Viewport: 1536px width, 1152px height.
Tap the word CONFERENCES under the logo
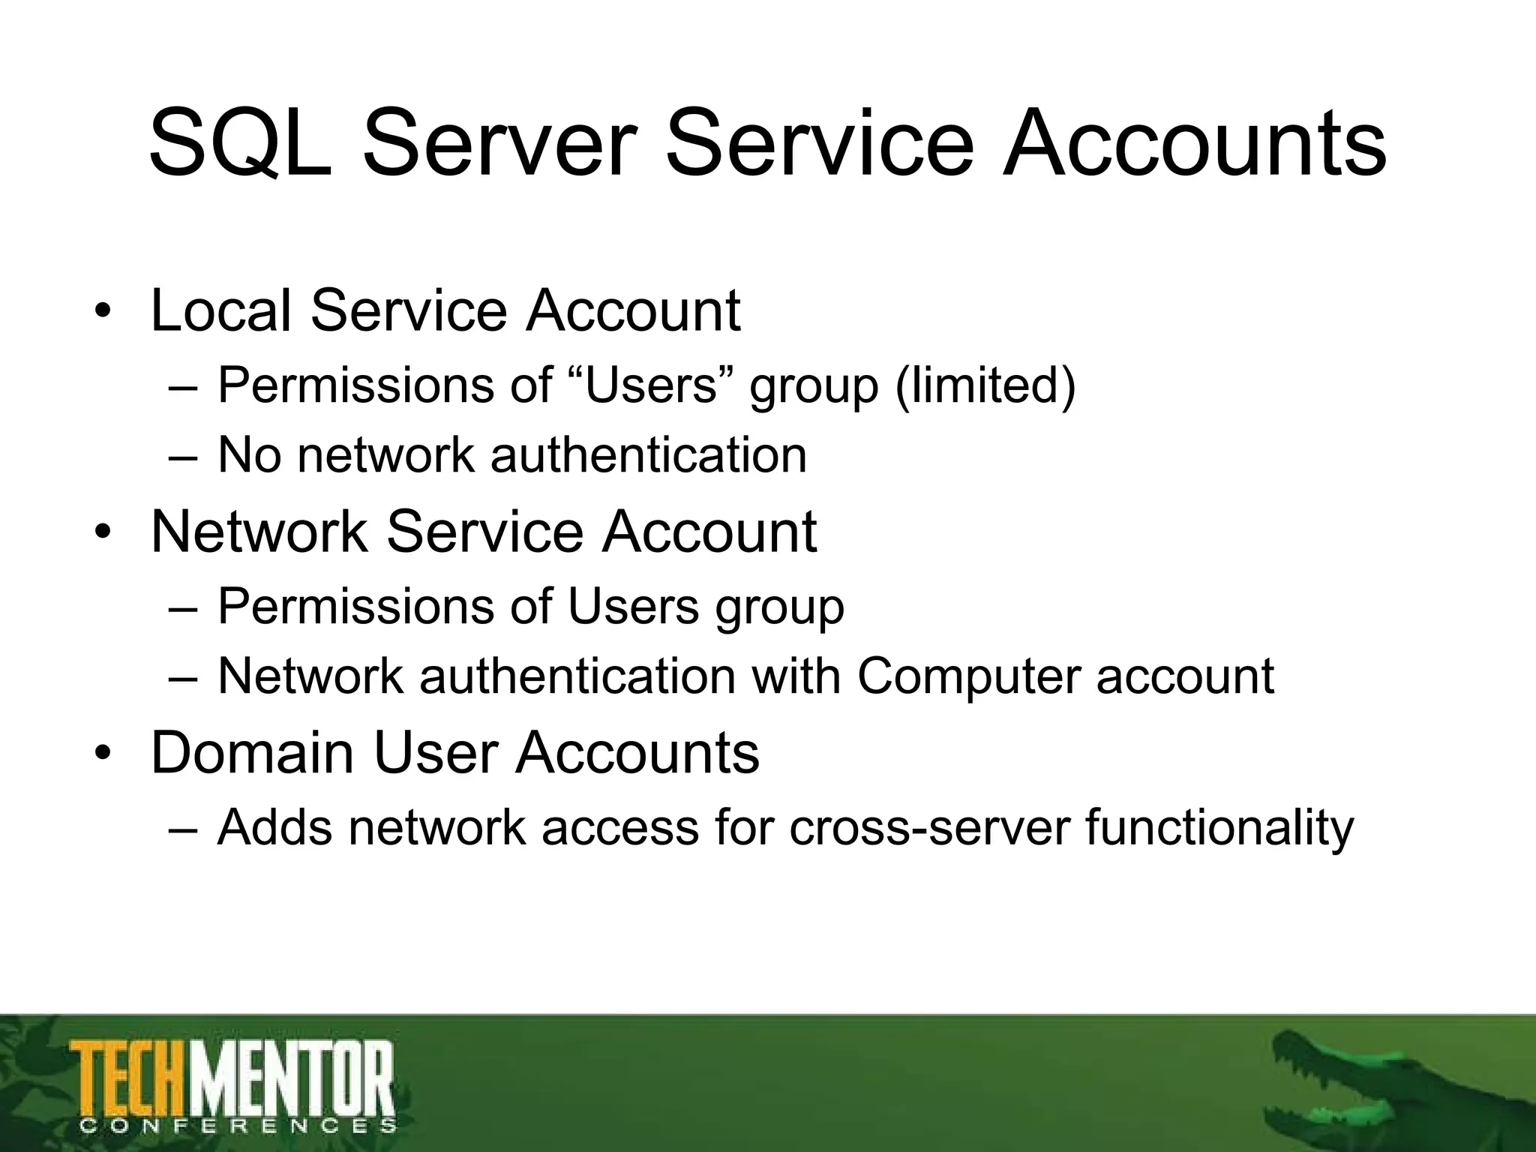point(237,1125)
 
